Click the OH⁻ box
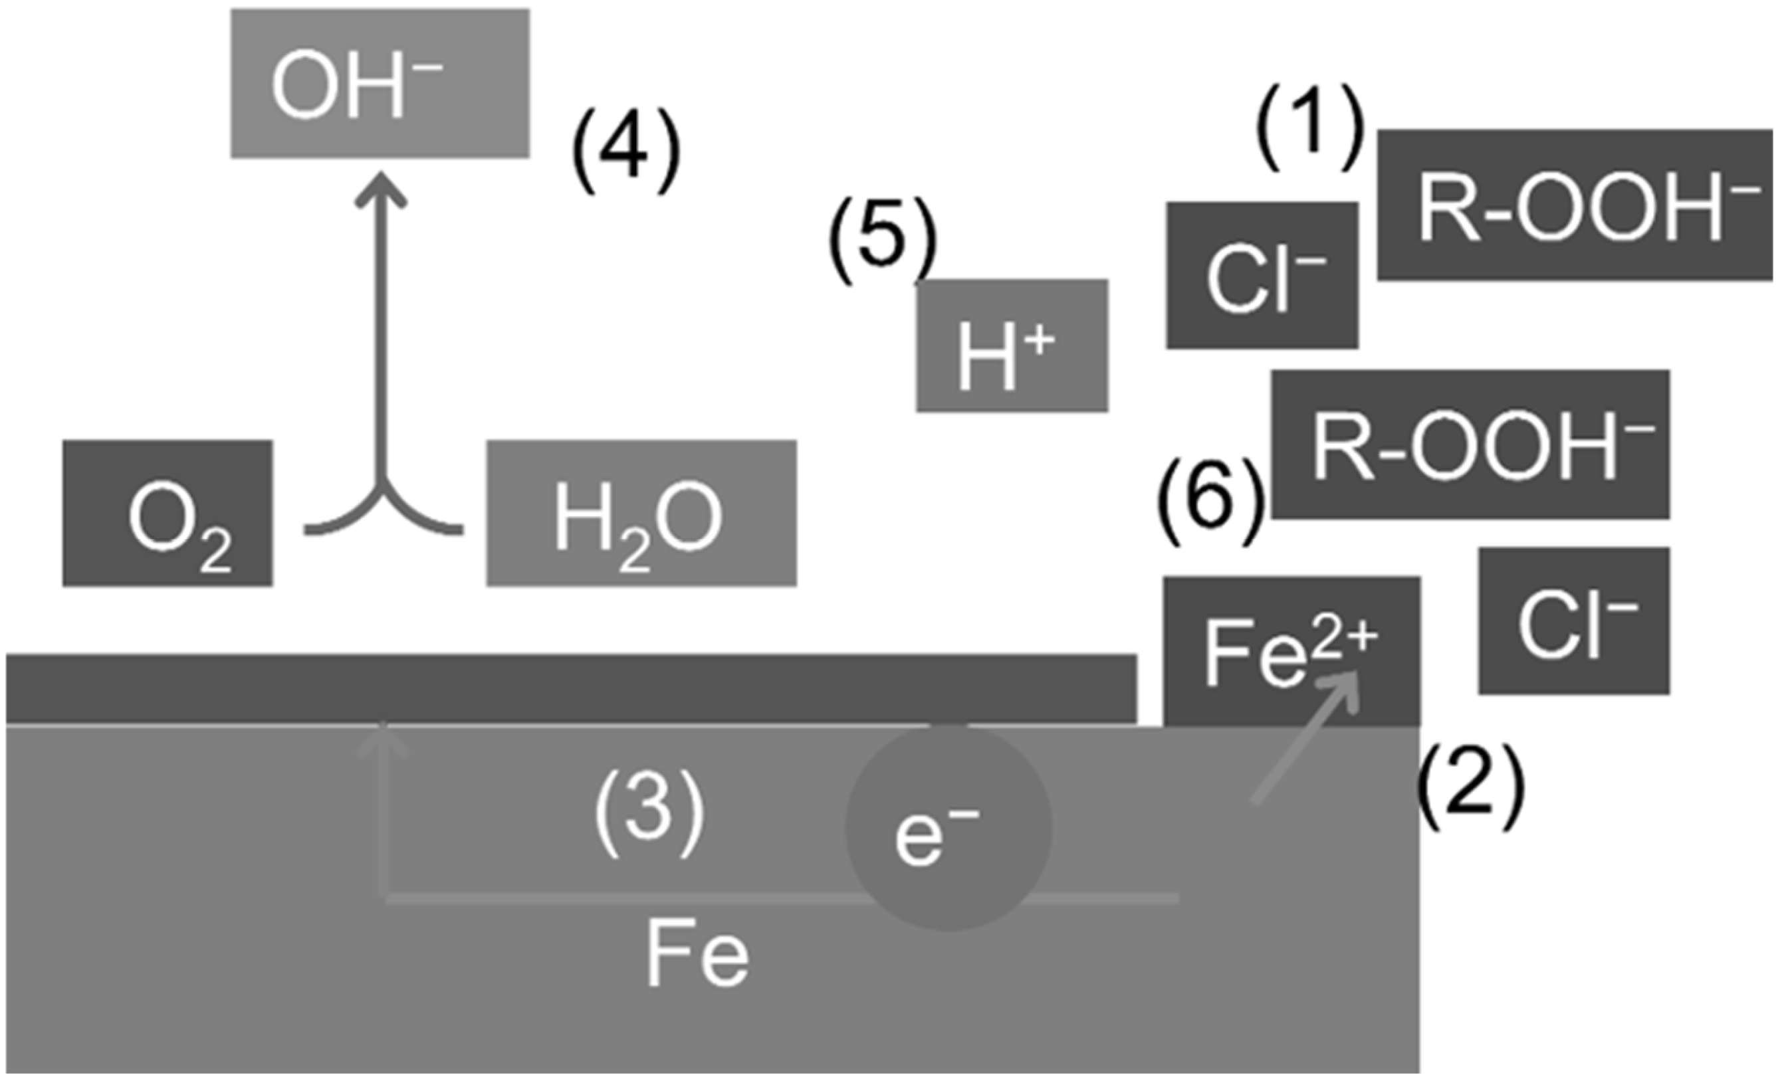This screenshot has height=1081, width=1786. (x=380, y=83)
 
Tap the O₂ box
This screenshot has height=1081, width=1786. (x=167, y=513)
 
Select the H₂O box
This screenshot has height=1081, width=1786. (x=641, y=513)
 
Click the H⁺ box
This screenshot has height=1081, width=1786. (x=1012, y=345)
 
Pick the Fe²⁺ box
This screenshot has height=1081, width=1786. (x=1291, y=651)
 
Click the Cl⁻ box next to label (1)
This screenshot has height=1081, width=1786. (x=1262, y=275)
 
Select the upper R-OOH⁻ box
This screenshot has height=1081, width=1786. (x=1575, y=205)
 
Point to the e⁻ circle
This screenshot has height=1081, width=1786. (x=948, y=828)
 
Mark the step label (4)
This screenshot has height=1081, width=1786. (x=626, y=153)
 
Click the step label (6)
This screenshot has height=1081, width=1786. (x=1210, y=500)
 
